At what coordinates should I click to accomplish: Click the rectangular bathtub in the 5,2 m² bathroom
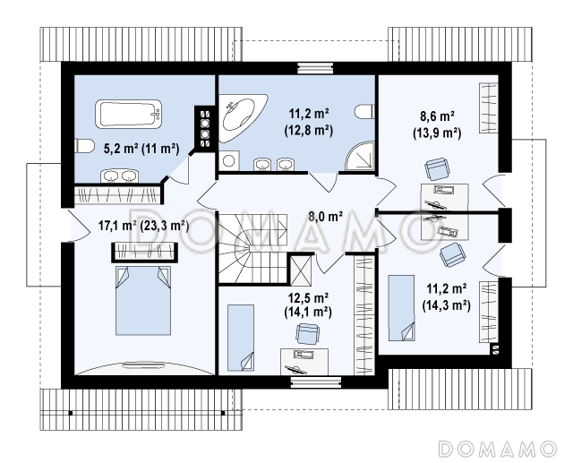point(128,114)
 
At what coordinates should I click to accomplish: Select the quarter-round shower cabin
point(360,156)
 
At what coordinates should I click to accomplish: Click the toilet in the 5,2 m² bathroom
point(82,146)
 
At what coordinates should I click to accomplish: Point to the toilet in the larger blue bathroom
point(365,112)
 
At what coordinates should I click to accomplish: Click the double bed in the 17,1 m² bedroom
point(143,300)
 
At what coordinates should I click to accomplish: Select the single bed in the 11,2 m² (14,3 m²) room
point(401,308)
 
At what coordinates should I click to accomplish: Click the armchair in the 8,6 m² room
point(437,168)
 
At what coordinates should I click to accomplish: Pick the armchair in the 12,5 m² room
point(307,333)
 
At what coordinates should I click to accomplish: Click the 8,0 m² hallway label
point(326,217)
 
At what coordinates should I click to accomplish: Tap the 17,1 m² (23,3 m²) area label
point(143,226)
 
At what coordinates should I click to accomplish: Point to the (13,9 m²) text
point(437,133)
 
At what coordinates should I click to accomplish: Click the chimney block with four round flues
point(205,128)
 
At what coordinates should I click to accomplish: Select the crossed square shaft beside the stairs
point(301,270)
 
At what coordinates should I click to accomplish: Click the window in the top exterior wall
point(315,68)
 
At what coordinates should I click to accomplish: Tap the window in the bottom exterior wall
point(316,382)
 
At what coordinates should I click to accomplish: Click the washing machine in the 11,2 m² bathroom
point(229,160)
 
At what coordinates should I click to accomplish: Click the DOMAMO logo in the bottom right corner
point(498,449)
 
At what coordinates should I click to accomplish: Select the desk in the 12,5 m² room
point(304,362)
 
